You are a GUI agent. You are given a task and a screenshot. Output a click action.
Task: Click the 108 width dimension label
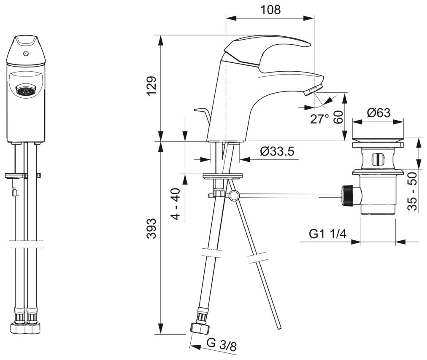coord(270,10)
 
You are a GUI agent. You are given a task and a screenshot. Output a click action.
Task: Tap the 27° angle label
coord(319,119)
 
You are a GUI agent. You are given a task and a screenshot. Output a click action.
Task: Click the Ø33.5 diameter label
coord(277,151)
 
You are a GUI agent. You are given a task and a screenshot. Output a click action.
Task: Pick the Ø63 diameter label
coord(378,113)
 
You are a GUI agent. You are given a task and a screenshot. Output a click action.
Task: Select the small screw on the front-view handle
coord(27,54)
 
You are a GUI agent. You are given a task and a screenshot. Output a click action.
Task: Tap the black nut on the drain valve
coord(348,196)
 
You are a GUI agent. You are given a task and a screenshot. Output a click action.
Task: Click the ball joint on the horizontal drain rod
coord(233,196)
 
